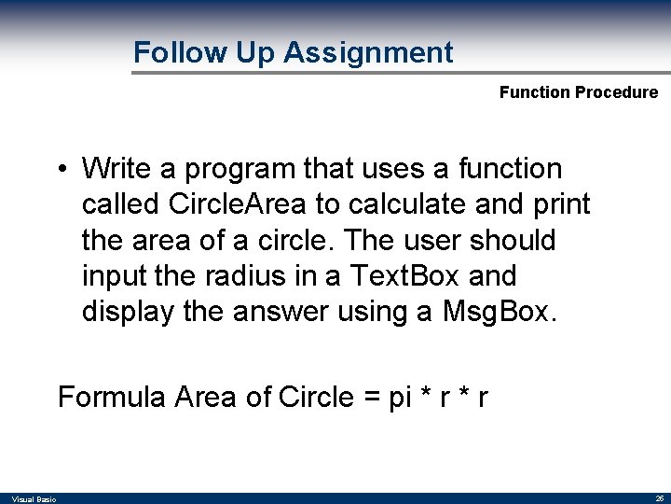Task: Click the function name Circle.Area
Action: coord(219,204)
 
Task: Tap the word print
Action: coord(559,204)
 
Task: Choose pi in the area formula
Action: coord(400,398)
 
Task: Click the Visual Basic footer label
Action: coord(34,499)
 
